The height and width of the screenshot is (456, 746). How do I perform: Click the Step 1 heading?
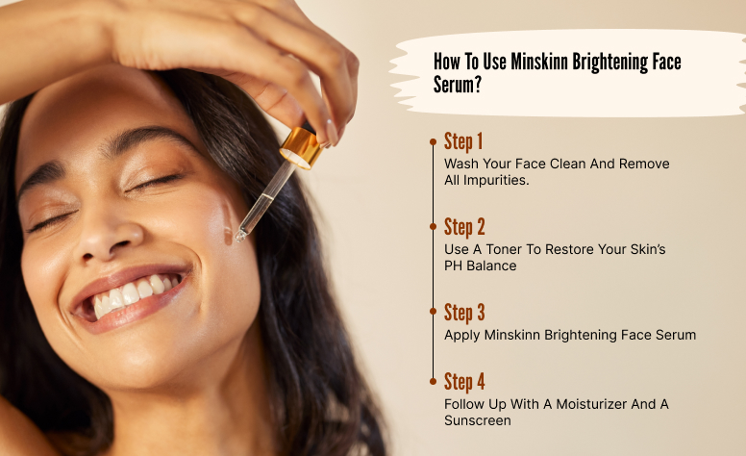(463, 141)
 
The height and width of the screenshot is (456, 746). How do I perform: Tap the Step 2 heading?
(464, 227)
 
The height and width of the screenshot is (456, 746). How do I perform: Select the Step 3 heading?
(464, 313)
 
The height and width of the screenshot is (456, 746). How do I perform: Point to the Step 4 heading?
(464, 382)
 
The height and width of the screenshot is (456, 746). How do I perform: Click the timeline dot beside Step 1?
(433, 141)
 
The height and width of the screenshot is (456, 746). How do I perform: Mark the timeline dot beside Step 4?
(433, 381)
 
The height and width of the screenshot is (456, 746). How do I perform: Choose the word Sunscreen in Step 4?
(478, 420)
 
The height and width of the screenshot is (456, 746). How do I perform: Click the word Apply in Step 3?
(462, 336)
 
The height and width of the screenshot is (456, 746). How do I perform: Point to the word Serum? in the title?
(458, 85)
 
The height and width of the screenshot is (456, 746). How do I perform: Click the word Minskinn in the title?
(539, 62)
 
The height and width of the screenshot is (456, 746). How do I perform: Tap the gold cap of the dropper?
(302, 147)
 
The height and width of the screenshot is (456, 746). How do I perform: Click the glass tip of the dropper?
(240, 234)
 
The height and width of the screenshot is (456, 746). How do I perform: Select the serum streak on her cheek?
(228, 222)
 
